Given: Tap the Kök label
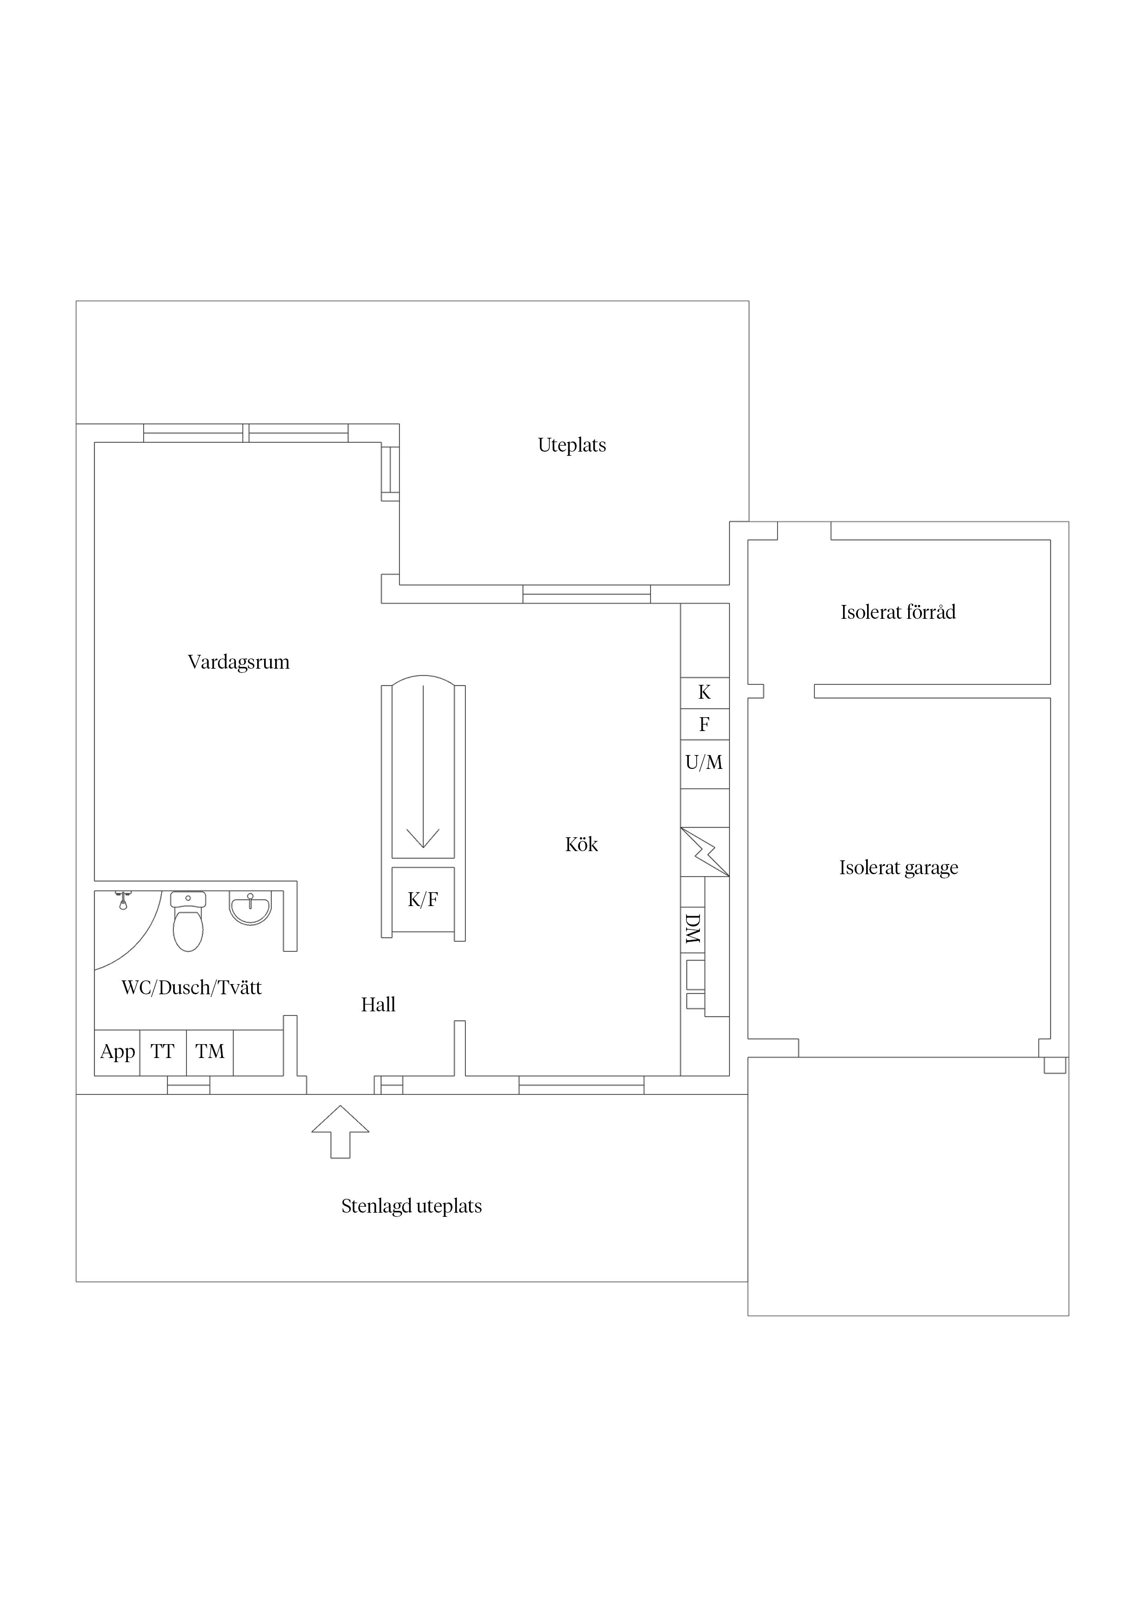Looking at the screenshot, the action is pos(581,845).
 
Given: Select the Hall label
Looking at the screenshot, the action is pos(378,1005).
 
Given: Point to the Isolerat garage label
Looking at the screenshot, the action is pos(898,868).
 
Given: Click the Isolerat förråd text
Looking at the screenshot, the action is pos(898,612).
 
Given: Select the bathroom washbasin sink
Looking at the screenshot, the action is pos(250,908).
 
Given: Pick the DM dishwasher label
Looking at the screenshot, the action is pos(693,929).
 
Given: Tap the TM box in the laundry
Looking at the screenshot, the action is pos(210,1052).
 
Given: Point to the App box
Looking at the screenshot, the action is pos(117,1052).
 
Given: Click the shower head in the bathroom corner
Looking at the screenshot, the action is pos(123,900).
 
